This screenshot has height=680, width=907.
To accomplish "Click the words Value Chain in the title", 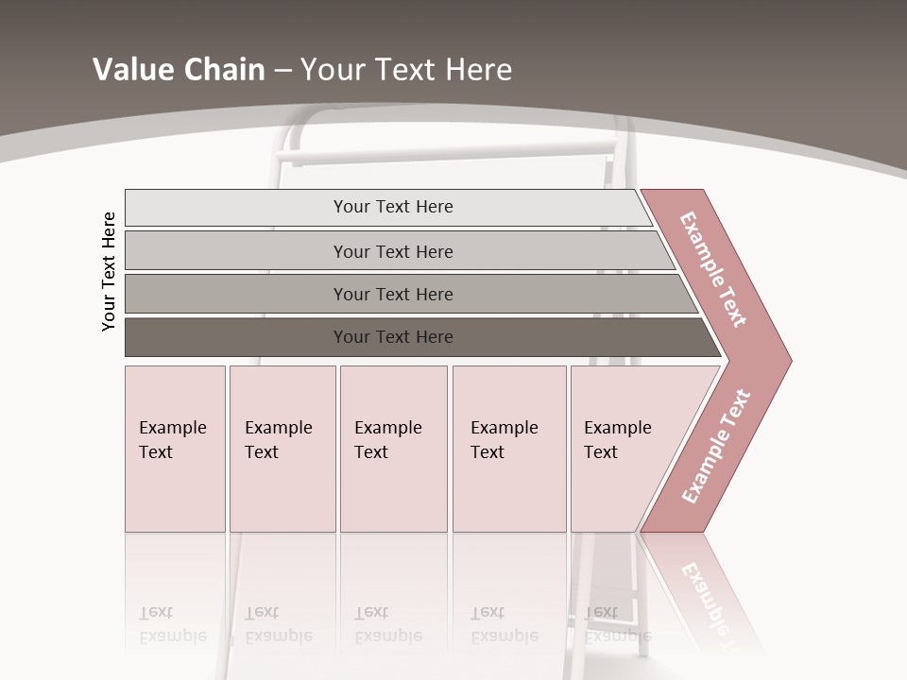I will pos(179,70).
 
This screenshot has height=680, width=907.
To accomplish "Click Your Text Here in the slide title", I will pos(406,70).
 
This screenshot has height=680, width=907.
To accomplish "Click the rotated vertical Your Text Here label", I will pos(109,271).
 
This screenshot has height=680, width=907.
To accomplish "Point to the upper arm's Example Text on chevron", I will pos(713,269).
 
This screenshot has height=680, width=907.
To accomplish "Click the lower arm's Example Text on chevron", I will pos(716,447).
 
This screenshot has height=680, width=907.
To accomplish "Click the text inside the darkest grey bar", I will pos(393,337).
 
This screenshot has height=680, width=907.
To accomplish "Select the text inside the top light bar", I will pos(393,207).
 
